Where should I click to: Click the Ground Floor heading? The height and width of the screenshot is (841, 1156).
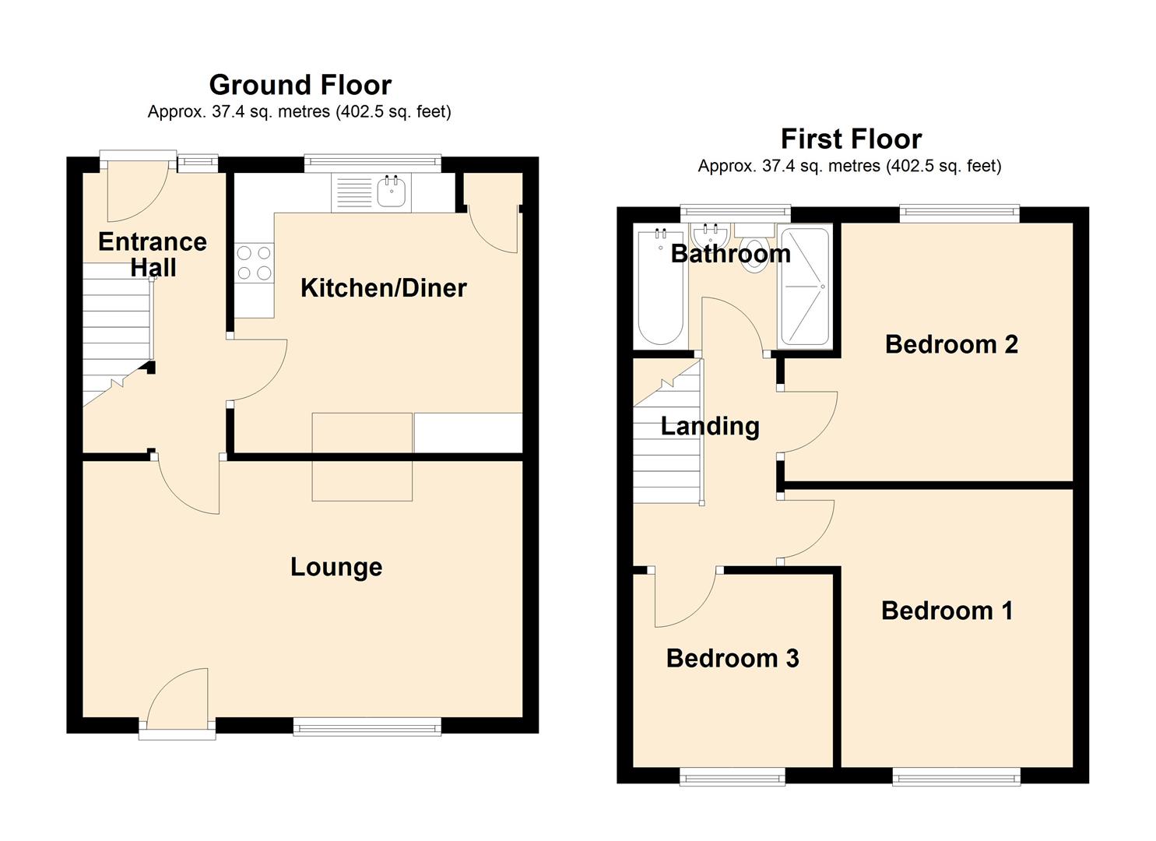click(300, 85)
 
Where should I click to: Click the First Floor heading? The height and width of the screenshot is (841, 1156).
click(851, 139)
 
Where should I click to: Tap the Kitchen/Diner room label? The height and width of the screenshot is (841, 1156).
click(384, 288)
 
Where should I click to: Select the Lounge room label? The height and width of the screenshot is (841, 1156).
click(336, 567)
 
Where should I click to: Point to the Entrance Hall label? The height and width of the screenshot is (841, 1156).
click(153, 255)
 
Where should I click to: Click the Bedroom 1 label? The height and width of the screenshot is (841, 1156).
click(947, 611)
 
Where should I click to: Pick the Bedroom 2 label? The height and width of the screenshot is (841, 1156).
click(951, 344)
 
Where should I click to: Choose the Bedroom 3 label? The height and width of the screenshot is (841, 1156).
click(733, 658)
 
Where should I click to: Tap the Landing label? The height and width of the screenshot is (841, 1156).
click(710, 427)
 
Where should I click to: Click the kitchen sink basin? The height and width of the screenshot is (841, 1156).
click(392, 192)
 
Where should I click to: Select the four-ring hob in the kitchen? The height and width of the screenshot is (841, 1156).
click(254, 262)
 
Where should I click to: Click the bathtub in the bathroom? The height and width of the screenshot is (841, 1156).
click(661, 286)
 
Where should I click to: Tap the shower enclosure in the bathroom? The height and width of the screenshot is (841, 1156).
click(805, 287)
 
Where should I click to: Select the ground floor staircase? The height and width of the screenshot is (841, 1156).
click(117, 335)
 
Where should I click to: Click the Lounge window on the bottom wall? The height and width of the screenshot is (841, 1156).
click(367, 727)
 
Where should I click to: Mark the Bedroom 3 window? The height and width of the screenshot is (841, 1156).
click(733, 776)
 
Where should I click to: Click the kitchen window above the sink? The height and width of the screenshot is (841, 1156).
click(373, 164)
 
